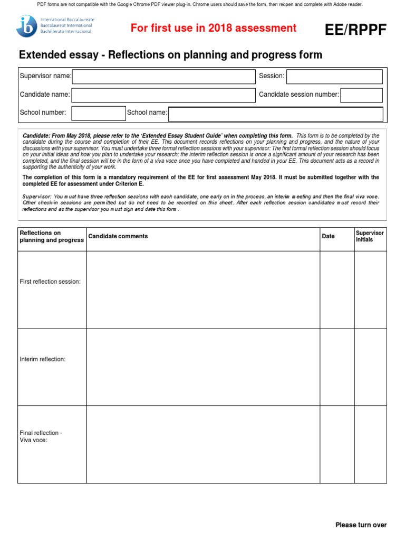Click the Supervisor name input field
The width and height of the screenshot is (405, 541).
(x=163, y=77)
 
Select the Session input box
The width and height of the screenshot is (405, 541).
(x=334, y=77)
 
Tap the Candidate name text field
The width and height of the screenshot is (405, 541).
(x=163, y=95)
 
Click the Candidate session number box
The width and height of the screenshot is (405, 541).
(x=361, y=95)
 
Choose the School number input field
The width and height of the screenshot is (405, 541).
(x=99, y=113)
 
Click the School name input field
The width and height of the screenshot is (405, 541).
(x=275, y=114)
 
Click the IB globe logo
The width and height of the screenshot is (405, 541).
(x=26, y=26)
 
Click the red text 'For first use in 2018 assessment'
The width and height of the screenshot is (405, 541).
(x=214, y=28)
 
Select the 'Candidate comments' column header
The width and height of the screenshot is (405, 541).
(x=118, y=236)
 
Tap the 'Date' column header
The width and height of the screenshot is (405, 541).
(x=328, y=236)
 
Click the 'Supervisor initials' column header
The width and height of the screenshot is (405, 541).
(x=370, y=236)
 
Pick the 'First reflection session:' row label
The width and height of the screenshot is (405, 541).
(x=50, y=282)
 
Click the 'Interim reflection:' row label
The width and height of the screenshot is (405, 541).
(x=43, y=359)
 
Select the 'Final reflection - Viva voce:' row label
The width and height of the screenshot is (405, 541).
(x=41, y=436)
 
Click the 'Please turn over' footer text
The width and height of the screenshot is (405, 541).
(x=361, y=525)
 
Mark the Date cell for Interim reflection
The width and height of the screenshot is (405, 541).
(x=337, y=367)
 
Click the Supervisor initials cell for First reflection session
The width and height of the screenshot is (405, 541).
(x=370, y=290)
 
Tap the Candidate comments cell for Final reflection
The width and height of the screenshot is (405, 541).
(x=203, y=444)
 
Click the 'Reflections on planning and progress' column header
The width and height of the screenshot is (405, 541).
(x=51, y=236)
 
